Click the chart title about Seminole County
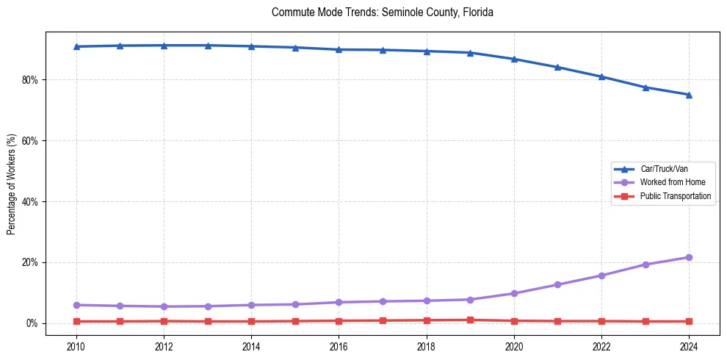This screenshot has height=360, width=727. [382, 12]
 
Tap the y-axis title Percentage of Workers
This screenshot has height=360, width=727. [11, 184]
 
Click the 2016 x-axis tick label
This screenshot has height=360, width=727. [339, 345]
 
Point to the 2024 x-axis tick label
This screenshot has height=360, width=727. [689, 345]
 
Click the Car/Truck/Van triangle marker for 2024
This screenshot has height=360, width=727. [689, 95]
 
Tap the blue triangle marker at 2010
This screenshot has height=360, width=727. [76, 46]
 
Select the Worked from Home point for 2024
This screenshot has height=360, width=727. [689, 257]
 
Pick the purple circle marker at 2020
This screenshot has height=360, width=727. [514, 293]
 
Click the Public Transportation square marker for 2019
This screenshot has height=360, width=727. [470, 320]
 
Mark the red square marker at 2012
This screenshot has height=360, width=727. [164, 321]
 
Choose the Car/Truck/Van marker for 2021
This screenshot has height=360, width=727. [557, 67]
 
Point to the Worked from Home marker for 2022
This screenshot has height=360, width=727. [601, 276]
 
